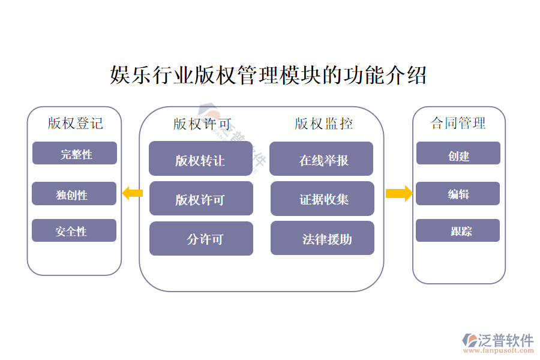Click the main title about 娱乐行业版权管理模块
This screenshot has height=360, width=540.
pyautogui.click(x=268, y=76)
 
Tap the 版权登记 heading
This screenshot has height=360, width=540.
pyautogui.click(x=75, y=124)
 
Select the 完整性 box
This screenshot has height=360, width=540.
pyautogui.click(x=74, y=154)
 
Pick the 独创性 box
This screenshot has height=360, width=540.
pyautogui.click(x=74, y=194)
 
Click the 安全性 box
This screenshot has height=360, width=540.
pyautogui.click(x=74, y=231)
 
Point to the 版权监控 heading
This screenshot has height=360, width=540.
pyautogui.click(x=323, y=124)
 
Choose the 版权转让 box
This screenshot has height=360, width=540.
pyautogui.click(x=200, y=159)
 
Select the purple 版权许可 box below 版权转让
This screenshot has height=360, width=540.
pyautogui.click(x=201, y=199)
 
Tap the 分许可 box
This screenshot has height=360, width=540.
pyautogui.click(x=201, y=239)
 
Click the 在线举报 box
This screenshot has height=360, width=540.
pyautogui.click(x=322, y=159)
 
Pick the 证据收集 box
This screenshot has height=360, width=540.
pyautogui.click(x=322, y=199)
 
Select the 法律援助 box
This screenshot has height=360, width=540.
pyautogui.click(x=322, y=239)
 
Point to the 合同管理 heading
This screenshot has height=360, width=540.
pyautogui.click(x=458, y=123)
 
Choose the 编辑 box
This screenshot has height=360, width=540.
pyautogui.click(x=458, y=194)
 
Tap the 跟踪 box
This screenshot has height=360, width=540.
pyautogui.click(x=458, y=231)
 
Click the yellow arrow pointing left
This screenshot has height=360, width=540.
pyautogui.click(x=132, y=193)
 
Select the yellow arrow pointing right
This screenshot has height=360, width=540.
pyautogui.click(x=398, y=193)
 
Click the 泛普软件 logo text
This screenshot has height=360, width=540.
pyautogui.click(x=505, y=340)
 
